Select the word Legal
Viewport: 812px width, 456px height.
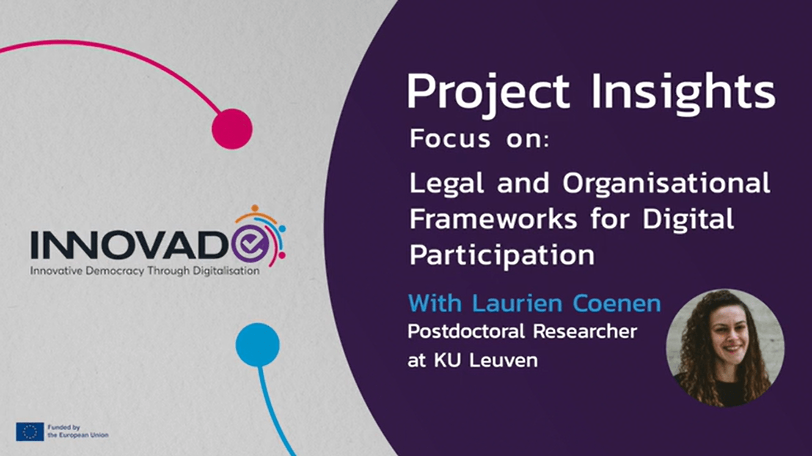click(x=446, y=183)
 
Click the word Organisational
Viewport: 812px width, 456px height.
click(x=666, y=183)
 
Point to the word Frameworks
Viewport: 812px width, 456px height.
click(x=493, y=219)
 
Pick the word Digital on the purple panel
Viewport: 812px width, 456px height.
click(x=688, y=219)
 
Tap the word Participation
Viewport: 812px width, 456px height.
click(x=502, y=255)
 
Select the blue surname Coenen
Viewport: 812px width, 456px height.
click(x=617, y=303)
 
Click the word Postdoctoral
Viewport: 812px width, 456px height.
click(x=466, y=331)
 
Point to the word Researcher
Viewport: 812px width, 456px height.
click(x=585, y=331)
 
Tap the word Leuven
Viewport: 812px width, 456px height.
click(x=504, y=360)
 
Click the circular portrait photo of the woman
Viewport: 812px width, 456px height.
click(x=725, y=348)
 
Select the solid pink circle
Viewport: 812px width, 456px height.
click(x=232, y=129)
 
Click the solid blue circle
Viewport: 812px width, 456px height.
click(x=257, y=344)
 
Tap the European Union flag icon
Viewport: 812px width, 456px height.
click(x=30, y=431)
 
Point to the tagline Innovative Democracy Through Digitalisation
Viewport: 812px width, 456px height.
click(x=145, y=271)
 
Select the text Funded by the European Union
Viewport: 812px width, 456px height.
click(x=78, y=431)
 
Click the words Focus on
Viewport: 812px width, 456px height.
click(x=479, y=139)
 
